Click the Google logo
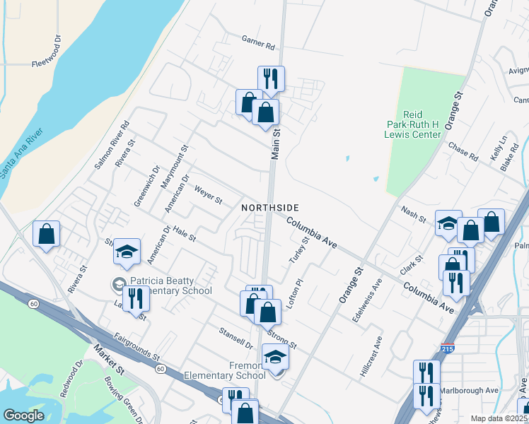(23, 415)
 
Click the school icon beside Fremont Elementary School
(275, 358)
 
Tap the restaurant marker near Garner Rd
(270, 78)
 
